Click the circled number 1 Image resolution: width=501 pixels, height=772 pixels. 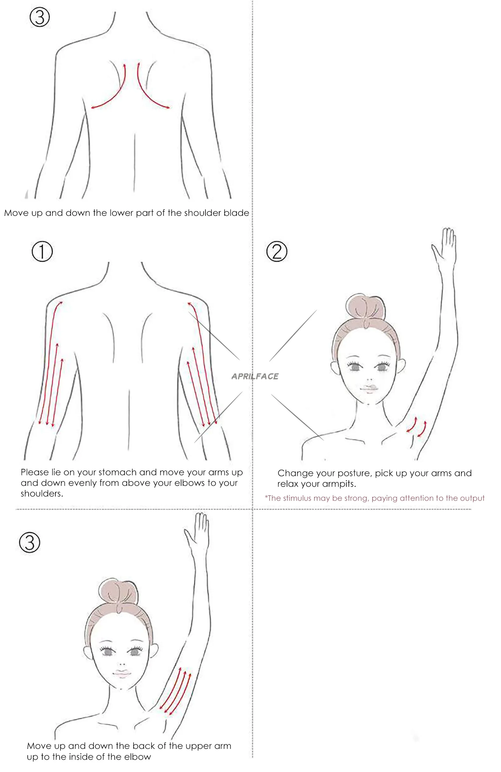pyautogui.click(x=42, y=251)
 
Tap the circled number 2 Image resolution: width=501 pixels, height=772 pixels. pyautogui.click(x=277, y=251)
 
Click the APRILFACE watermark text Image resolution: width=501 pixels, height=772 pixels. pyautogui.click(x=255, y=376)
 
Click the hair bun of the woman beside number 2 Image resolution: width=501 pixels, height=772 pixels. pyautogui.click(x=366, y=308)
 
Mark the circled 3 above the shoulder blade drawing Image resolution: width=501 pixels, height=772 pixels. pyautogui.click(x=40, y=18)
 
